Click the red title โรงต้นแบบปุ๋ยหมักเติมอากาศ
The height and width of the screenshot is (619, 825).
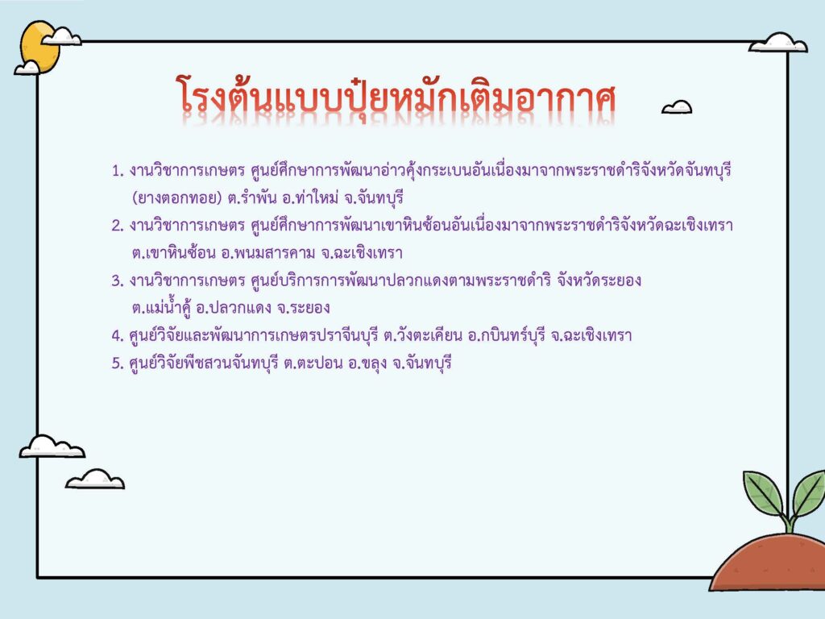395,97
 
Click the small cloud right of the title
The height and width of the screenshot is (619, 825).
677,107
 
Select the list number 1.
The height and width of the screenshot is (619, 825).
118,171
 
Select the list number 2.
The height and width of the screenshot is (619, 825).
118,226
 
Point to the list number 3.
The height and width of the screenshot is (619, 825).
118,280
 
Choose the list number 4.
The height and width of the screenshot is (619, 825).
118,335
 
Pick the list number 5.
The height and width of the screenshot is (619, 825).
118,364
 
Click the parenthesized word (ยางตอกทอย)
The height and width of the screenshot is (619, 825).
176,198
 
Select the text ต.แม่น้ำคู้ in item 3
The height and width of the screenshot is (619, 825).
160,307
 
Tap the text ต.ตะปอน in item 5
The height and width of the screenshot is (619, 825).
313,364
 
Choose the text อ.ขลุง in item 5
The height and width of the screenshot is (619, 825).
367,364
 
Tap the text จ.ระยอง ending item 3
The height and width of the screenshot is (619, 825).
304,308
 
